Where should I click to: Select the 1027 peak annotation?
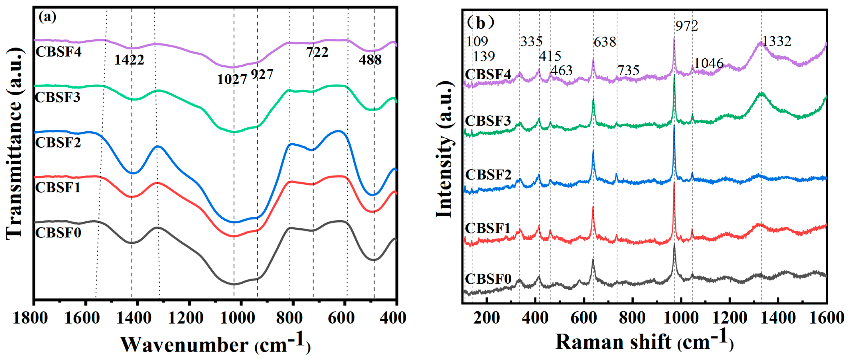[232, 79]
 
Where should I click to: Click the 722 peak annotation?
[317, 52]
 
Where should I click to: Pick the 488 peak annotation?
[370, 60]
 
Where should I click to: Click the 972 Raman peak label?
[687, 26]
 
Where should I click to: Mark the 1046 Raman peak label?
[709, 63]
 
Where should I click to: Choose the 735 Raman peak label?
[628, 70]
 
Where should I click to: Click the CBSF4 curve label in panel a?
[58, 52]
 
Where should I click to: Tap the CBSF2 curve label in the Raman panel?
[488, 174]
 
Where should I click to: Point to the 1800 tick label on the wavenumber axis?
[30, 318]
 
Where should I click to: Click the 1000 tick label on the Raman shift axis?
[681, 318]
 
